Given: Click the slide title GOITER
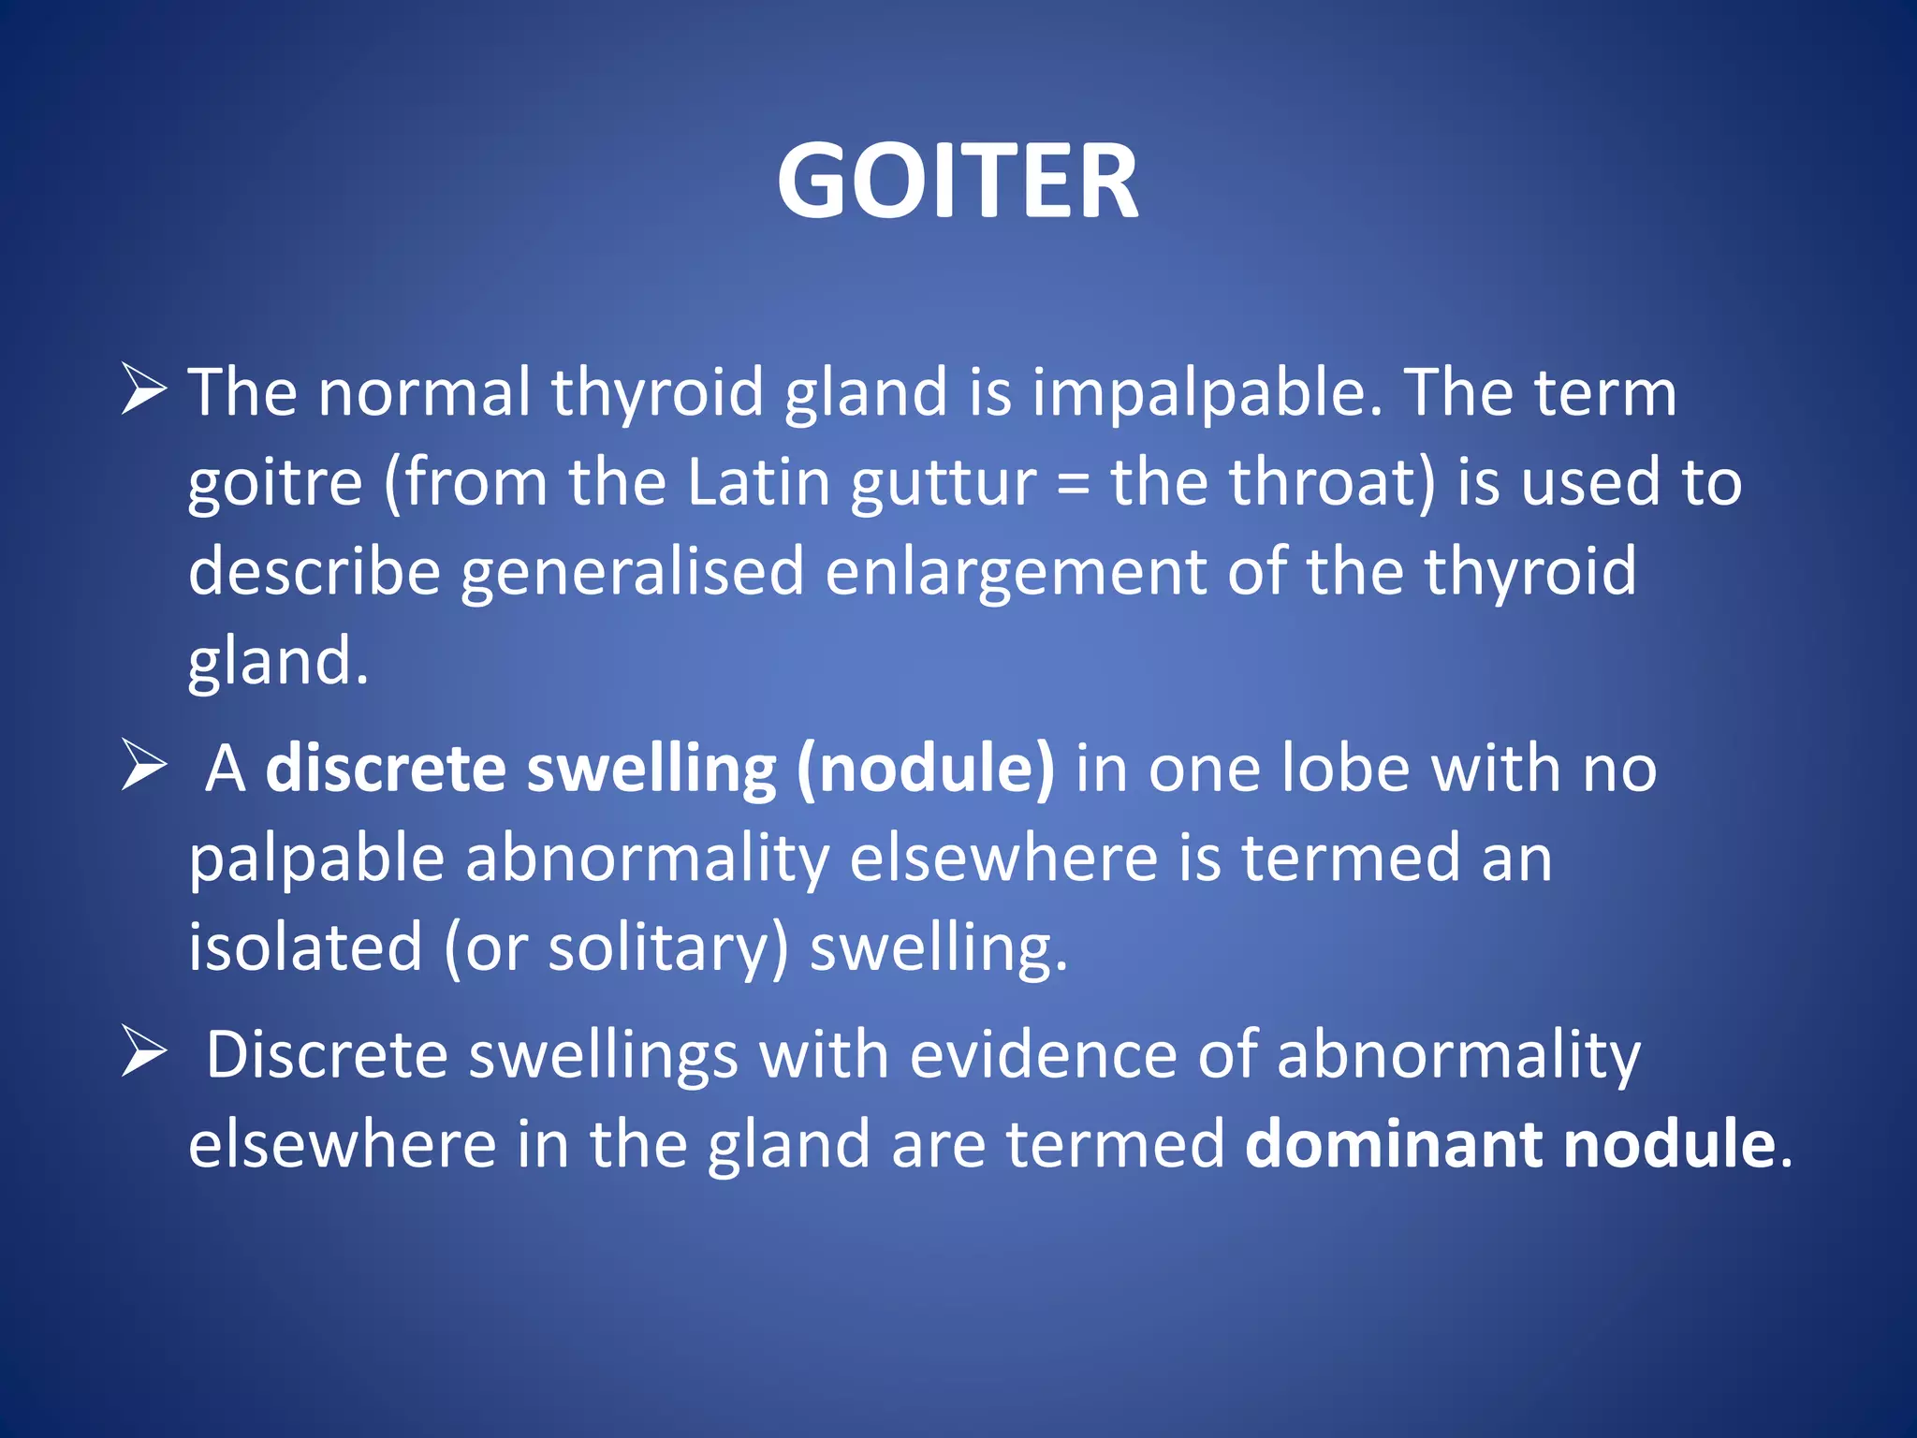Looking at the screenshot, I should [x=958, y=181].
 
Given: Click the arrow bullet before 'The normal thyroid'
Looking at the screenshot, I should [x=144, y=390].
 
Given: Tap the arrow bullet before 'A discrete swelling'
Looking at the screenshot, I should [x=144, y=768].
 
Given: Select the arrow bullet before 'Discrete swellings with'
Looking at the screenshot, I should [x=144, y=1054].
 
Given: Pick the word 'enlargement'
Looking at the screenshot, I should [x=1016, y=573].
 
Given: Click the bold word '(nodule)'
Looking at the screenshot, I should [x=925, y=770].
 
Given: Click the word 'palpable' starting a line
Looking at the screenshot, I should [x=316, y=859].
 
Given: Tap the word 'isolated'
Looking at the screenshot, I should [x=305, y=947].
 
